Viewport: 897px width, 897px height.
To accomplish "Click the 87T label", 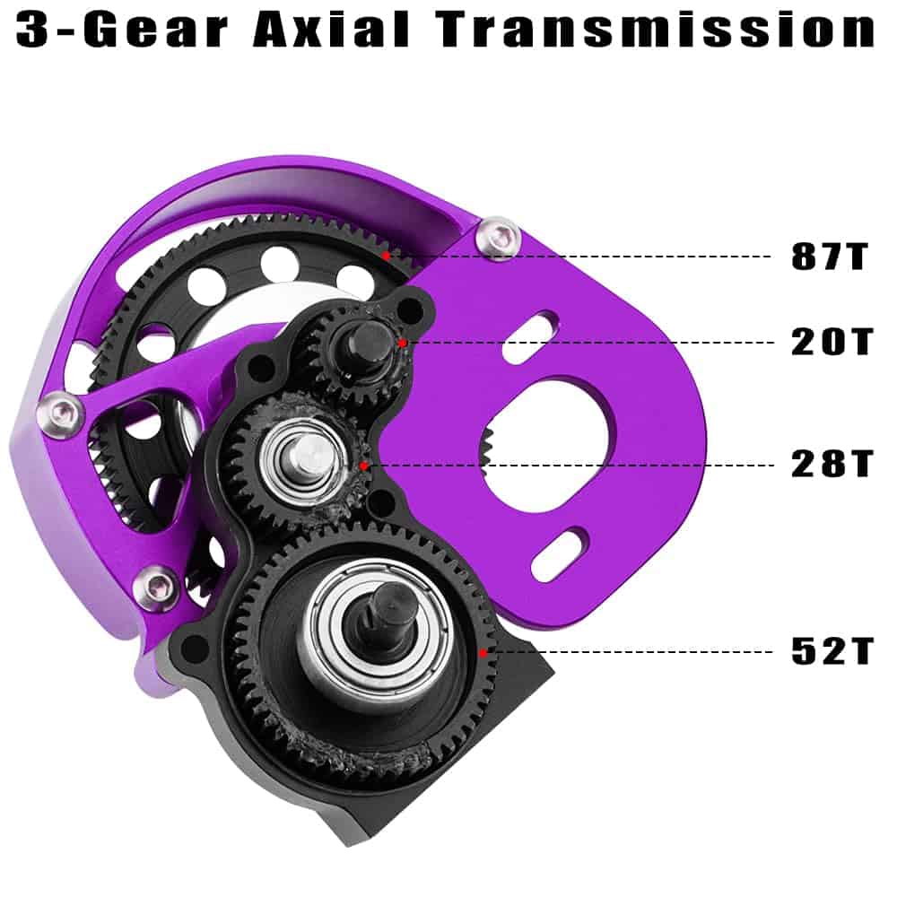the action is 830,256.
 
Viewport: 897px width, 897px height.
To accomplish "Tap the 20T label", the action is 832,342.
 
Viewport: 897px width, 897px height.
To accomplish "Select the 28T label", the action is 832,464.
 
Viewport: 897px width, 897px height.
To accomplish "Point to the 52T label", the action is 832,651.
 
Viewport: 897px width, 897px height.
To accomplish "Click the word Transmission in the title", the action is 657,29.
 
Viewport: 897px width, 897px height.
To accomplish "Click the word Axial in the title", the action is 331,29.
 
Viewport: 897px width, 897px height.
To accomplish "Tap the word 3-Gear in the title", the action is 121,30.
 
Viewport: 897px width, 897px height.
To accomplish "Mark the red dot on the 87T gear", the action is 387,255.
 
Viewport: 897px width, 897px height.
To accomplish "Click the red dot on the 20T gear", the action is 403,343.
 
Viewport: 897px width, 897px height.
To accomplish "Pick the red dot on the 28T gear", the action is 364,466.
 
